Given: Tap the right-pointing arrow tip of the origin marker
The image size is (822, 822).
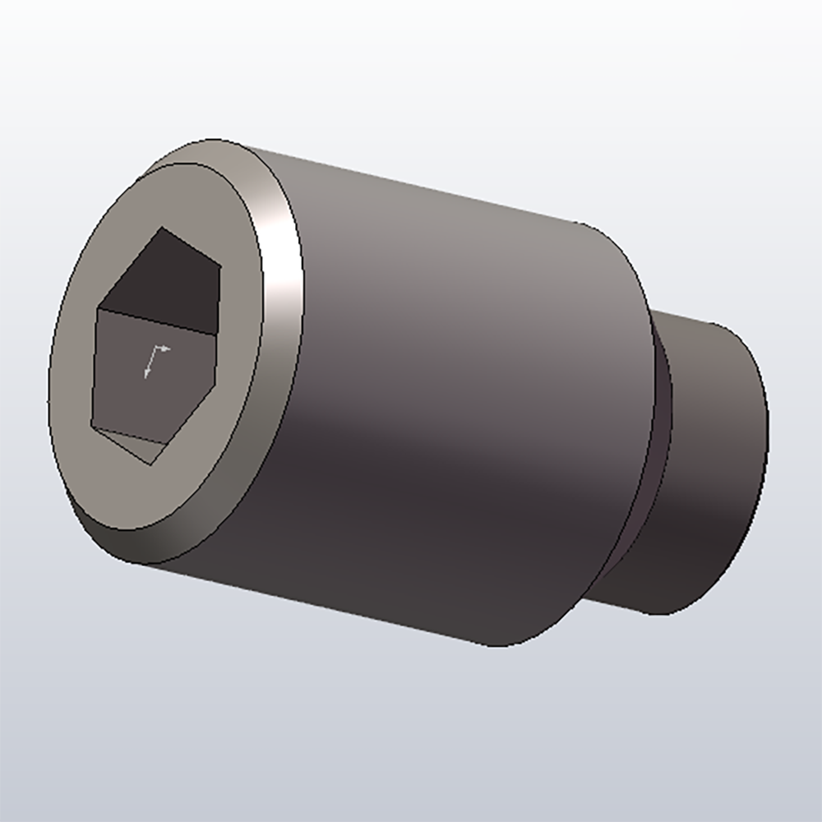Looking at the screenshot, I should [x=169, y=349].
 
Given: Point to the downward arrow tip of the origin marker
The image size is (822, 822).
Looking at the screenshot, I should [x=147, y=376].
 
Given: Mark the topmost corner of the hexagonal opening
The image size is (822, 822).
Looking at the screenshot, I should [x=162, y=228].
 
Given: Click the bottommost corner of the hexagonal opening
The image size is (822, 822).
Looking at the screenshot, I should [x=153, y=465].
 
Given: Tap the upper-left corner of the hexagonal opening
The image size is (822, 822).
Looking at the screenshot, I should [x=99, y=309].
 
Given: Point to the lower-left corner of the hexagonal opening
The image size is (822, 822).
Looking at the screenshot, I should [x=91, y=426].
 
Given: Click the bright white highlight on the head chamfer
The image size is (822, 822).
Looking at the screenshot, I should [x=284, y=271].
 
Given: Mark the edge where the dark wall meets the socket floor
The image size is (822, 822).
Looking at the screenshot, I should [x=152, y=322].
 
